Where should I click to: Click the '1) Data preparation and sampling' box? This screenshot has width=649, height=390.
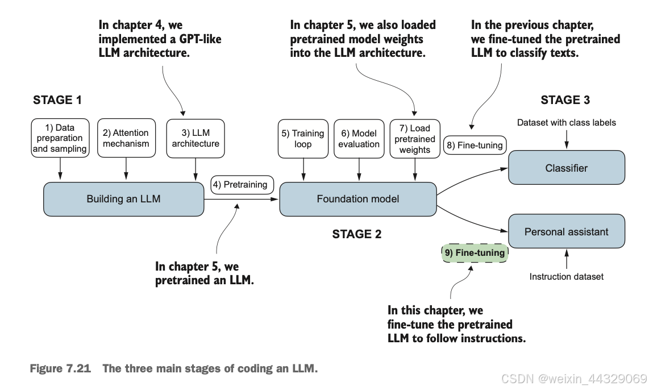[x=60, y=138]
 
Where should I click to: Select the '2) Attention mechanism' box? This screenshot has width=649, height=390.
[x=126, y=138]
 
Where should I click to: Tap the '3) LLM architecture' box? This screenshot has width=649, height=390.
[x=195, y=138]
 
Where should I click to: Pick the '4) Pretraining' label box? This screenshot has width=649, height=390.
[x=242, y=185]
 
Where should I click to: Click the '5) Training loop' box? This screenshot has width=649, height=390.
[x=303, y=139]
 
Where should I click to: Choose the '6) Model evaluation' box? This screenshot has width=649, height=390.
[x=359, y=139]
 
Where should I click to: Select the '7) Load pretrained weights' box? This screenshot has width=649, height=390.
[x=415, y=139]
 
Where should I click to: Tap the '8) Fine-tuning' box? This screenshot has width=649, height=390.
[x=475, y=146]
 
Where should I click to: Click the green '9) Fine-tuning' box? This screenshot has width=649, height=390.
[x=475, y=253]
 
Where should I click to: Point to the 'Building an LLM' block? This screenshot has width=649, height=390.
[x=124, y=199]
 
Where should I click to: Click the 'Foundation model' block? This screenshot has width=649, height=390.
[x=358, y=199]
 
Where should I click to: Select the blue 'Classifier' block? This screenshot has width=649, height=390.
[x=567, y=168]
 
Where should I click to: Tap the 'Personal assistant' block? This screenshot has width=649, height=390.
[x=567, y=231]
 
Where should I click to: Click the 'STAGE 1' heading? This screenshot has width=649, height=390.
[x=57, y=100]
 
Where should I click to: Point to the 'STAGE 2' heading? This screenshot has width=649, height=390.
[x=357, y=234]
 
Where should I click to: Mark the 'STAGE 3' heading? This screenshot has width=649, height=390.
[x=565, y=100]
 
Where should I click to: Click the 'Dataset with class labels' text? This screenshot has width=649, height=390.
[x=566, y=123]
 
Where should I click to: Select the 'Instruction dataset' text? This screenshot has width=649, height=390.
[x=566, y=276]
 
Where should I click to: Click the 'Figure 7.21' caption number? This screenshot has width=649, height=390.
[x=60, y=368]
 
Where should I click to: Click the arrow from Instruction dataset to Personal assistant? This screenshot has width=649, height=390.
[x=567, y=259]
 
